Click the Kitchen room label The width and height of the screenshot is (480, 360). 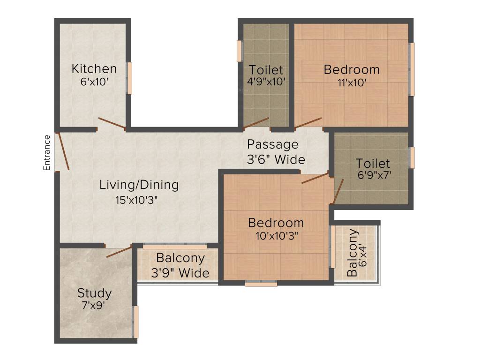pos(94,69)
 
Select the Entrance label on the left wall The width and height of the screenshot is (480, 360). pos(47,152)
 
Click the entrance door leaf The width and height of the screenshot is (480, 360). pos(63,151)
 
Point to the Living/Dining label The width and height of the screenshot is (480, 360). pos(139,185)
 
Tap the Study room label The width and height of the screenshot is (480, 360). pos(94,293)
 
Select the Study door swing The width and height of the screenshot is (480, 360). pos(119,251)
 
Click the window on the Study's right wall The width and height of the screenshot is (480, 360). pos(136,322)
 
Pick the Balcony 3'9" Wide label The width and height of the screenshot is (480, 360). pos(180,265)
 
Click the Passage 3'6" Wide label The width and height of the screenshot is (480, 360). pos(276,151)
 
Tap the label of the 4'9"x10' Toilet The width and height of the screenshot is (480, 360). pos(266,70)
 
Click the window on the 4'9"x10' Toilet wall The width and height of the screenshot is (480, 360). pos(240,51)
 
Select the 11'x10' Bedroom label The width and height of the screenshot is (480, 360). pos(352,70)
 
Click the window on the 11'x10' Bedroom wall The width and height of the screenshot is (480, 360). pos(412,69)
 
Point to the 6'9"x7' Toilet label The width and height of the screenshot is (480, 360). pos(373,164)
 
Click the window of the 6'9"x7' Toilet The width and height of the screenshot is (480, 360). pos(412,157)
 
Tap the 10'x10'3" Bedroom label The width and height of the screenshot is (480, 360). pos(276,223)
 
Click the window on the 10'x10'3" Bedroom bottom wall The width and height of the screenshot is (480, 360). pos(261,283)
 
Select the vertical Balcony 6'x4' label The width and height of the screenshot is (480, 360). pos(356,253)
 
